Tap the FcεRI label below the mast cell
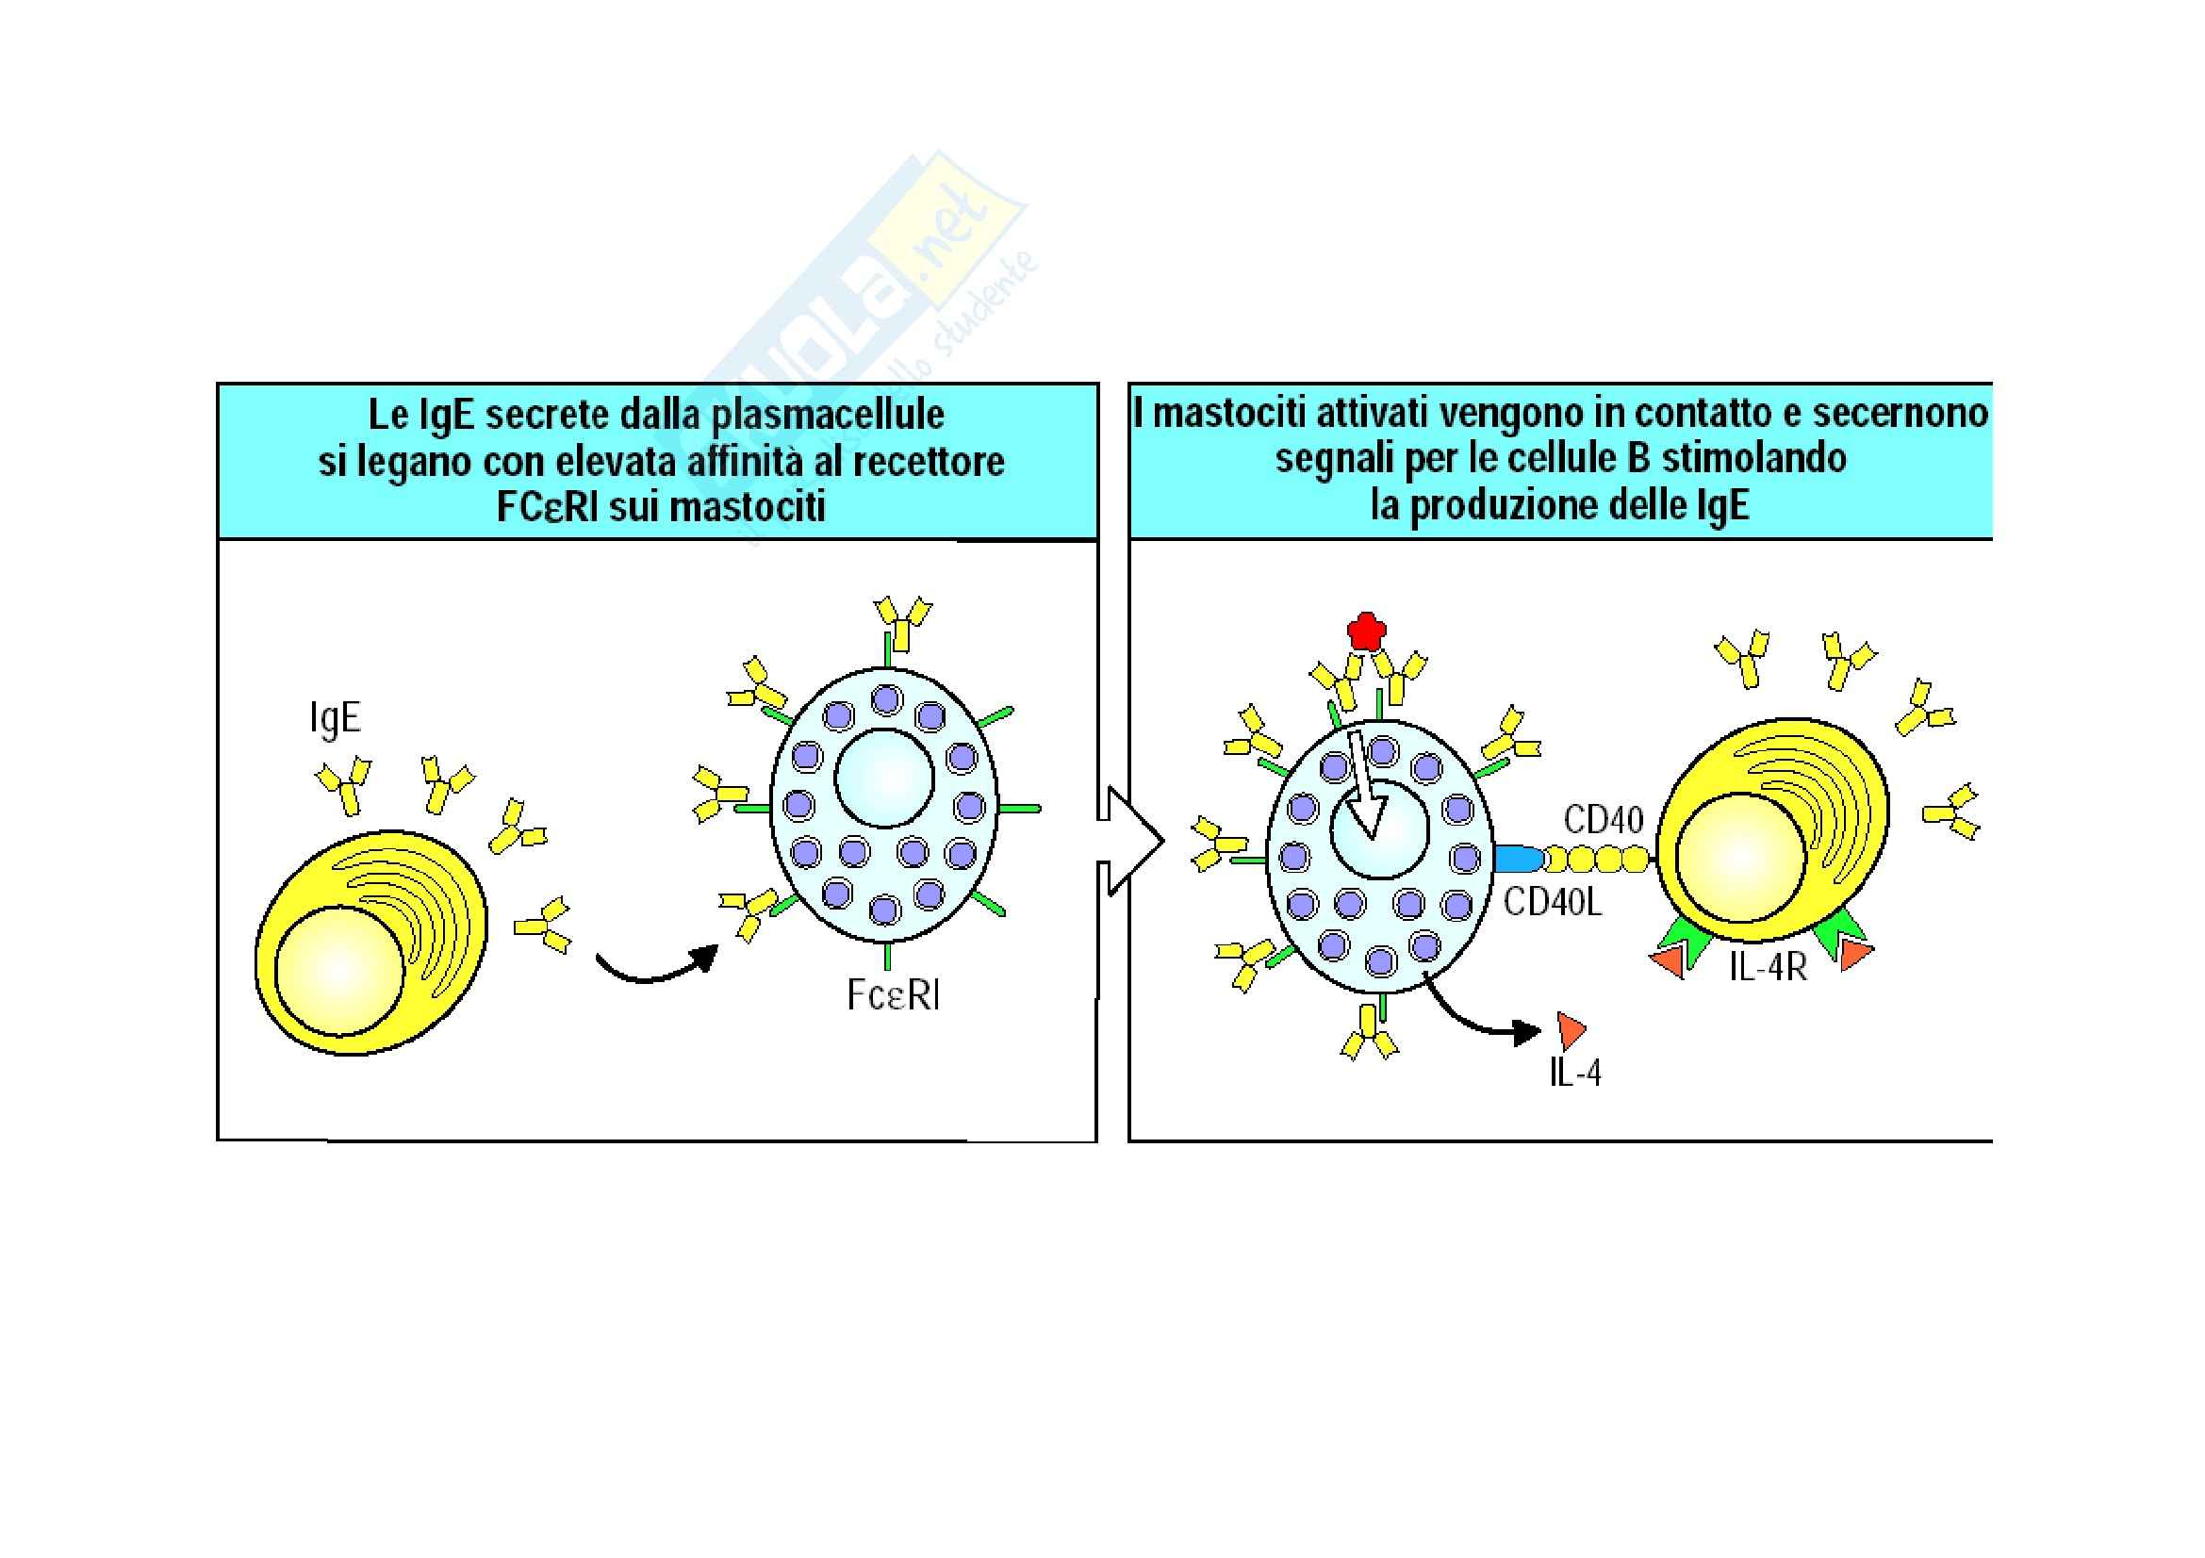(x=893, y=995)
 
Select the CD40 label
(x=1603, y=820)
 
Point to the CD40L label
(x=1553, y=902)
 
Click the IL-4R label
(x=1768, y=968)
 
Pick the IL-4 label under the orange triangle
(x=1575, y=1073)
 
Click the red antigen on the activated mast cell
(x=1366, y=630)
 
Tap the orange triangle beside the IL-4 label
(x=1571, y=1030)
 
